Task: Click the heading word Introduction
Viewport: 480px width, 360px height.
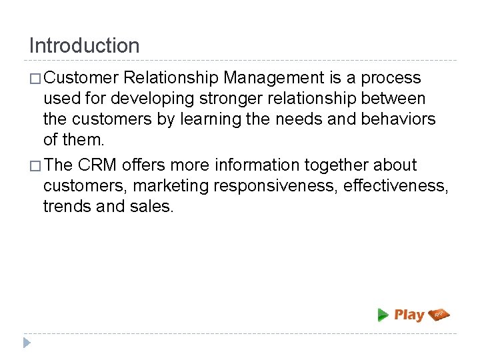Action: tap(85, 46)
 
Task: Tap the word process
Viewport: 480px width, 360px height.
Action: tap(391, 78)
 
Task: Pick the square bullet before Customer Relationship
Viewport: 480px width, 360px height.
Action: tap(35, 79)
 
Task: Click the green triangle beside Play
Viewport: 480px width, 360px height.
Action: tap(383, 315)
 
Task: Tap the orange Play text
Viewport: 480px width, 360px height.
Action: tap(409, 315)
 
